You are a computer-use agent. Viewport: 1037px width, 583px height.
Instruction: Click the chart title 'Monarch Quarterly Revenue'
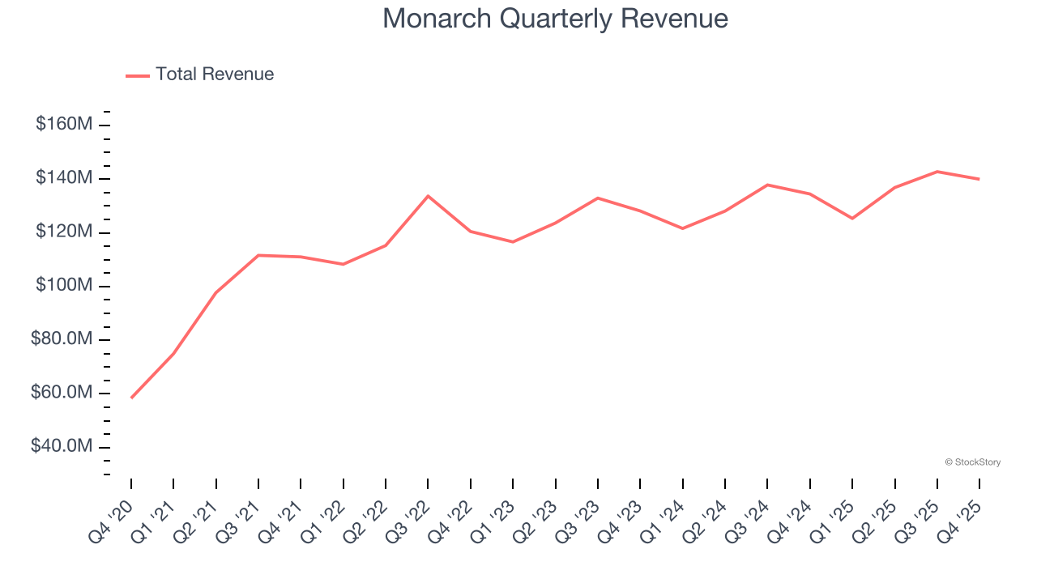click(x=555, y=18)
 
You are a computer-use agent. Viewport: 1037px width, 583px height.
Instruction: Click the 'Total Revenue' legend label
click(x=215, y=74)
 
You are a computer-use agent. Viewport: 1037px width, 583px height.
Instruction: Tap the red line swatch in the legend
click(x=138, y=75)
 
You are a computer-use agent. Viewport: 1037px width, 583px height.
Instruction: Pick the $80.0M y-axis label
click(x=62, y=339)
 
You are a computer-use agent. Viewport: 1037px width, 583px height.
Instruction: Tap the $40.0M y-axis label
click(x=62, y=447)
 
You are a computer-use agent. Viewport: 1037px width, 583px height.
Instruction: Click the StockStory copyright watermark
click(x=972, y=462)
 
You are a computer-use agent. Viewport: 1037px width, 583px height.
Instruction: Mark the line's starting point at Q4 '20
click(x=131, y=398)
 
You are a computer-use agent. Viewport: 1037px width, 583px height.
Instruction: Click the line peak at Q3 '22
click(x=428, y=196)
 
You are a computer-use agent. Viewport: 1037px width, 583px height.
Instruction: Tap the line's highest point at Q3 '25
click(x=937, y=172)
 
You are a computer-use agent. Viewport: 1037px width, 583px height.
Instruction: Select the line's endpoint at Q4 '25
click(x=979, y=179)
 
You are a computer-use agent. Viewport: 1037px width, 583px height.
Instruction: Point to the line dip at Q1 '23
click(x=513, y=241)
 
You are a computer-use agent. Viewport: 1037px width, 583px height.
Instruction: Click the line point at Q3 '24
click(x=767, y=185)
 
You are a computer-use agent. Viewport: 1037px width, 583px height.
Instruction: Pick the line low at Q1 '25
click(x=852, y=219)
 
